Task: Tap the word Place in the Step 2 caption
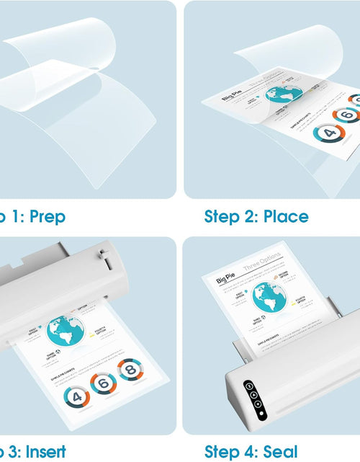[286, 216]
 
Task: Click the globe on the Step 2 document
[284, 94]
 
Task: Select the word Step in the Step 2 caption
[229, 216]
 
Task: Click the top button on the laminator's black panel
[248, 386]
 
